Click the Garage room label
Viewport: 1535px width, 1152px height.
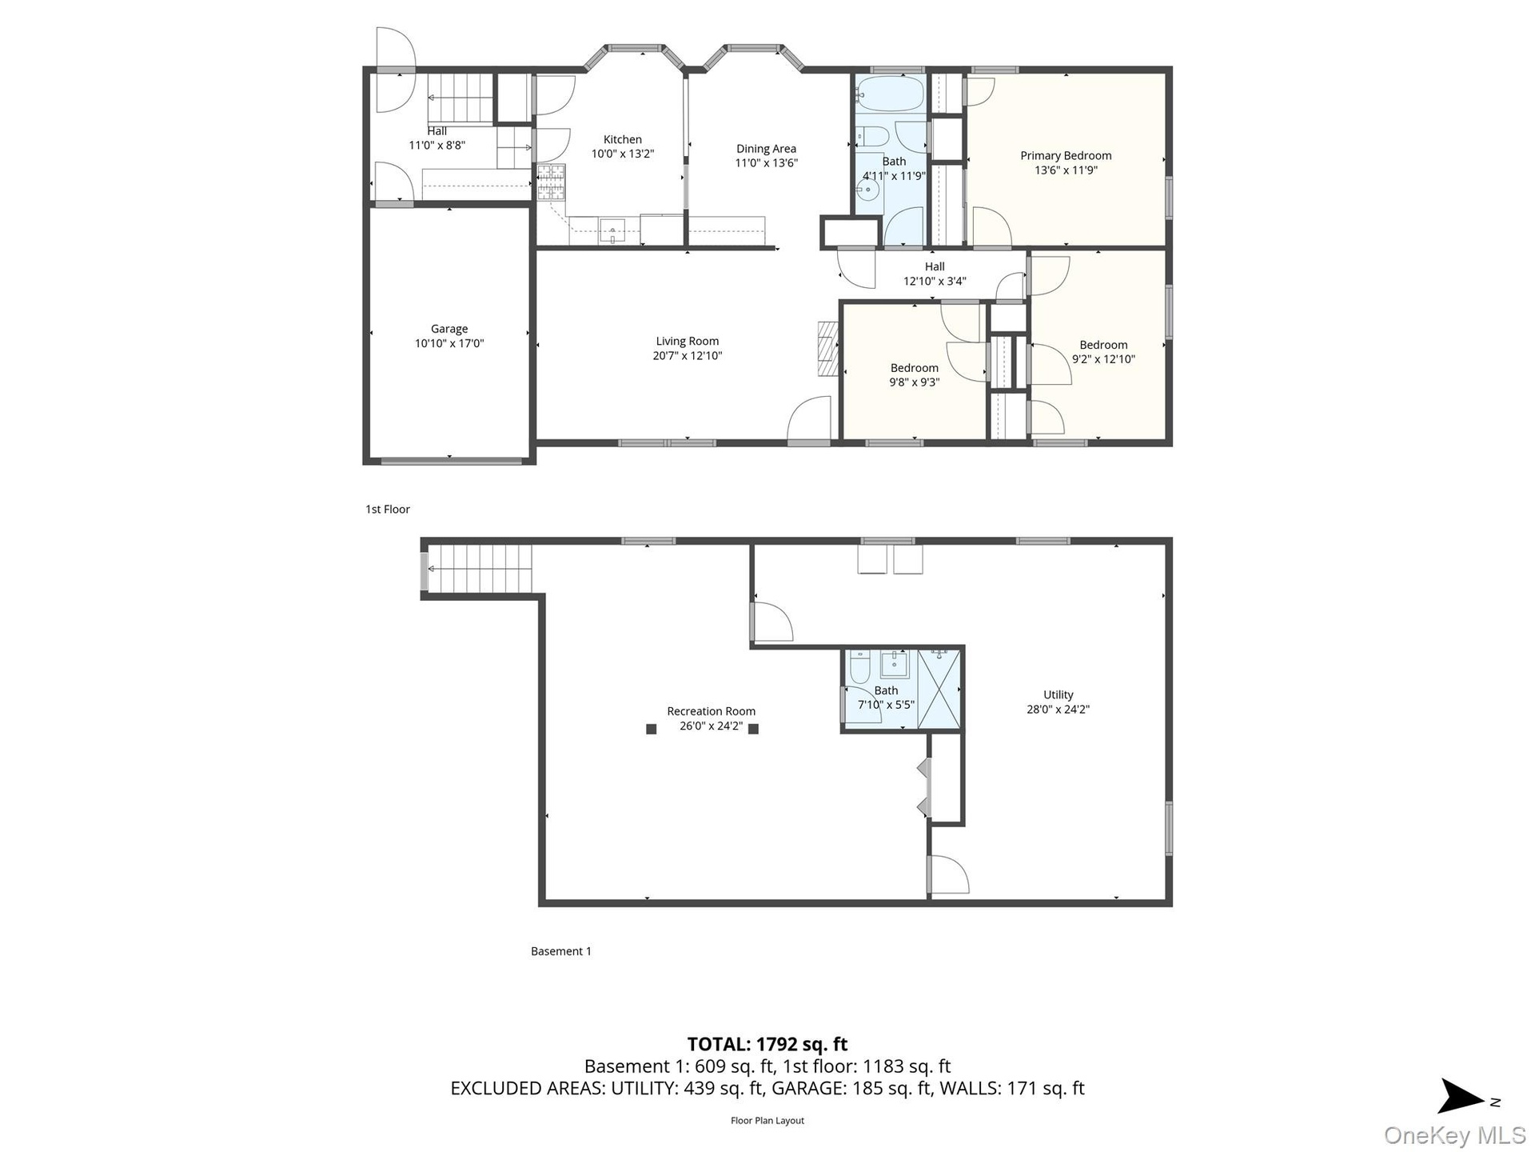coord(449,329)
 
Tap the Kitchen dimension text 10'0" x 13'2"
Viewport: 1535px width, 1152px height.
coord(623,154)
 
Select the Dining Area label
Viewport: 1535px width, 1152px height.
coord(766,148)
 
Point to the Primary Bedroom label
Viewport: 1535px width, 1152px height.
coord(1066,155)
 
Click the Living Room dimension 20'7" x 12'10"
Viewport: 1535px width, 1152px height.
coord(688,356)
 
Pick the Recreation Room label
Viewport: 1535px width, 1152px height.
coord(711,711)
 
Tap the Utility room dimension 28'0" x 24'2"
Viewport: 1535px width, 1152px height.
coord(1058,709)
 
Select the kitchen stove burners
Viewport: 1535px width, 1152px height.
coord(551,182)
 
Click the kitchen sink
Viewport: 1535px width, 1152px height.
coord(612,231)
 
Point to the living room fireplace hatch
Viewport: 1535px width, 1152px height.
coord(827,349)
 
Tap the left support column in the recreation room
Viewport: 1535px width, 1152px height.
coord(652,729)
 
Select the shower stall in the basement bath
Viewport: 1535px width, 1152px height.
coord(938,690)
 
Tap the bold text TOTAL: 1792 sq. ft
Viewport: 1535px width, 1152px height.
coord(767,1044)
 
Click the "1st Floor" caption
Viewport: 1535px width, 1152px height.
coord(388,509)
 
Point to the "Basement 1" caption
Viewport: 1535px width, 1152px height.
coord(561,951)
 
